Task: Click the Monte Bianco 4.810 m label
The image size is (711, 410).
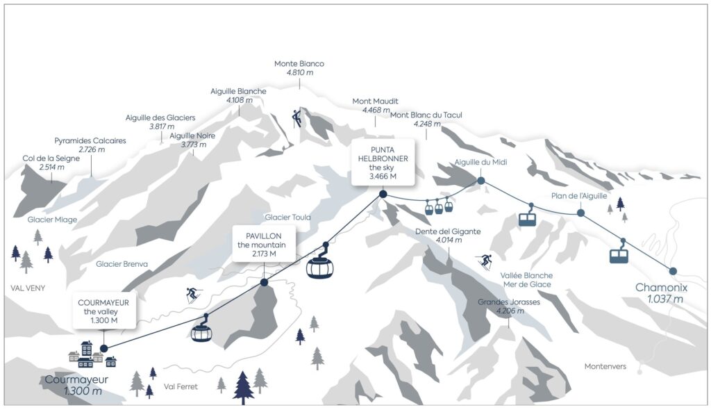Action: pos(299,67)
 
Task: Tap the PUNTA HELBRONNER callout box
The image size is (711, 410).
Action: pos(383,162)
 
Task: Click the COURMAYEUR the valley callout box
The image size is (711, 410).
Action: pos(103,311)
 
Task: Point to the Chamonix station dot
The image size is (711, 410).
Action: pos(672,271)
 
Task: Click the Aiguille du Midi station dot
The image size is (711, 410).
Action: pos(480,181)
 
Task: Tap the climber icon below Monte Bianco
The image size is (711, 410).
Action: pos(297,117)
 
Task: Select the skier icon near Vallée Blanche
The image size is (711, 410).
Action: pos(485,262)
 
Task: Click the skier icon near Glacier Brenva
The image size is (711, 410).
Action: pos(192,295)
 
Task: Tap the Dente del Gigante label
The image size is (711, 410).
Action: pos(448,236)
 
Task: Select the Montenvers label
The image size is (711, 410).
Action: pos(605,366)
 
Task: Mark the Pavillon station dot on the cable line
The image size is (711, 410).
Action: pos(264,282)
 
